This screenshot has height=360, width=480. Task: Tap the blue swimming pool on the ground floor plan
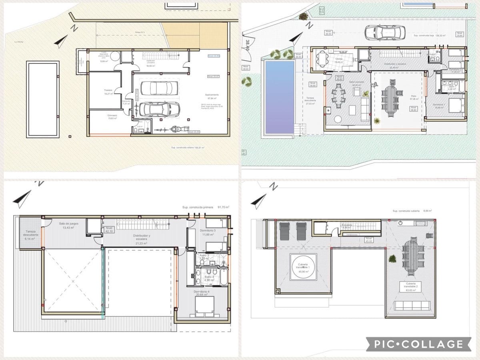pyautogui.click(x=279, y=97)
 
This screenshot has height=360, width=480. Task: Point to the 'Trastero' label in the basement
pyautogui.click(x=107, y=92)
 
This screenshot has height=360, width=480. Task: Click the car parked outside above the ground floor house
pyautogui.click(x=385, y=32)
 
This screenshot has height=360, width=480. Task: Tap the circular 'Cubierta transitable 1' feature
pyautogui.click(x=303, y=267)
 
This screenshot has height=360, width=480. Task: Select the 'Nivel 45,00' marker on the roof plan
pyautogui.click(x=368, y=240)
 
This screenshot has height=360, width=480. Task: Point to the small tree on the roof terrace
pyautogui.click(x=392, y=259)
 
